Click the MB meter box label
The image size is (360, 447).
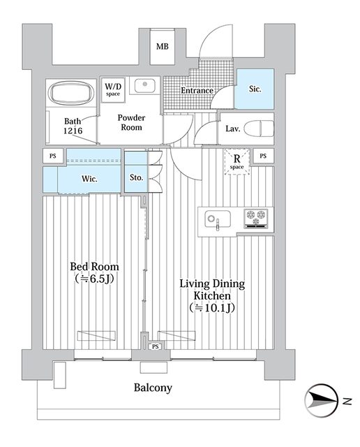point(163,47)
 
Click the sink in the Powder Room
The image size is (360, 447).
point(144,86)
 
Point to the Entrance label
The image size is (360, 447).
point(197,91)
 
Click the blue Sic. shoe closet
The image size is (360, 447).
point(254,89)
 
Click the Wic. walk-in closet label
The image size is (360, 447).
point(89,179)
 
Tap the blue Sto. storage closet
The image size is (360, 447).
point(136,177)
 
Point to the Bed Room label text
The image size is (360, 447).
point(94,272)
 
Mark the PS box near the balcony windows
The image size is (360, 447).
point(155,346)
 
